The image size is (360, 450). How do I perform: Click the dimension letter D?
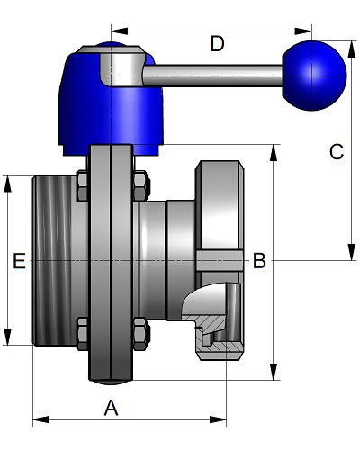click(217, 44)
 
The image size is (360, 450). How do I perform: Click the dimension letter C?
click(337, 151)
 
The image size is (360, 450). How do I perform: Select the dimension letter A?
click(111, 408)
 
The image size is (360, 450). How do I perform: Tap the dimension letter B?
click(259, 260)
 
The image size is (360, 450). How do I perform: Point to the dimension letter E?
click(19, 260)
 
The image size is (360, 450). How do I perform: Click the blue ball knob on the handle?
click(314, 76)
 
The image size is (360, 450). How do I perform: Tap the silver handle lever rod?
click(212, 76)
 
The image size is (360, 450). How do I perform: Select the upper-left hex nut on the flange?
click(83, 186)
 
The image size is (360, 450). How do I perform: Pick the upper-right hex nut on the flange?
click(141, 186)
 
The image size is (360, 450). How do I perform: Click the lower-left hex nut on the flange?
click(83, 334)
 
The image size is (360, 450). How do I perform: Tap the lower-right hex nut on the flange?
click(141, 334)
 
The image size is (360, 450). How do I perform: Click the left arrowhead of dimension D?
click(120, 31)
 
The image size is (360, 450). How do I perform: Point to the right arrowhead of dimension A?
click(218, 419)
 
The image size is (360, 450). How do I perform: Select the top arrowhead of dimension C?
click(351, 49)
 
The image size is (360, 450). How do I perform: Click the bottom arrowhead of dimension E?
click(7, 337)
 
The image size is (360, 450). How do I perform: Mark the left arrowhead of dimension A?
click(41, 419)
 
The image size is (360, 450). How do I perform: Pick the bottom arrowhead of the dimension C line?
click(351, 252)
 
